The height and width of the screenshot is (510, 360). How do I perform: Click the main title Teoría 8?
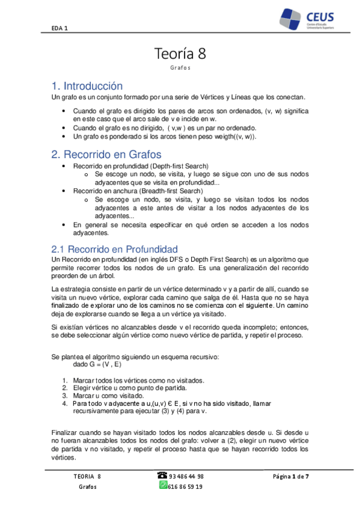[180, 54]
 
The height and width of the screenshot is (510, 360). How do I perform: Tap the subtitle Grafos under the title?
[180, 68]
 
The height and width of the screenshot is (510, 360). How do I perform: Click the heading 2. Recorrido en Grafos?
[108, 154]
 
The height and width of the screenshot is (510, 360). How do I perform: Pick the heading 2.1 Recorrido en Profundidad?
[115, 248]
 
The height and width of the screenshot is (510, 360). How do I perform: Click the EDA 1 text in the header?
[59, 27]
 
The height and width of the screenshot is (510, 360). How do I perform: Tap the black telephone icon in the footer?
[162, 475]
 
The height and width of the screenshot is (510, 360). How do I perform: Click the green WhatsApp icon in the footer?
[162, 485]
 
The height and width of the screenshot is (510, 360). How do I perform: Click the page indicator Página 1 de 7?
[291, 476]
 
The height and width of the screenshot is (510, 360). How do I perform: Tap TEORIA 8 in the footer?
[87, 476]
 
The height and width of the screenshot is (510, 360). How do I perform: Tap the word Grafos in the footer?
[87, 487]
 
